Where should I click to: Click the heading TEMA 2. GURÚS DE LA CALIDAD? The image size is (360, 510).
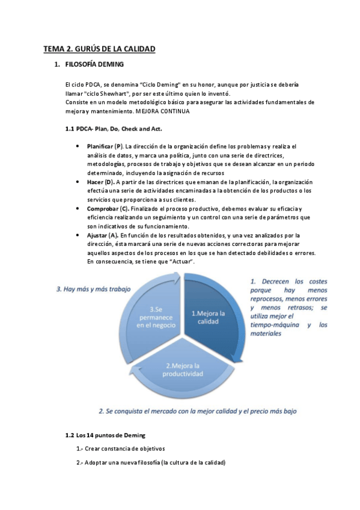pyautogui.click(x=99, y=49)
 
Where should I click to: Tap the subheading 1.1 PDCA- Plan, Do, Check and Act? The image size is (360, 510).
pyautogui.click(x=113, y=129)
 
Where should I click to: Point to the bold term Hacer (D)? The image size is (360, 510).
pyautogui.click(x=100, y=182)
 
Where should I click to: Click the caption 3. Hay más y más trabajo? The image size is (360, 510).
pyautogui.click(x=93, y=289)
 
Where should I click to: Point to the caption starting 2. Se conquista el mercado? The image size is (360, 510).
pyautogui.click(x=198, y=411)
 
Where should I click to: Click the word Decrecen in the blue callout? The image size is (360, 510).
pyautogui.click(x=276, y=281)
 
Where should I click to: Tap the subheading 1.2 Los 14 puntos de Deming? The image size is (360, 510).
pyautogui.click(x=106, y=435)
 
